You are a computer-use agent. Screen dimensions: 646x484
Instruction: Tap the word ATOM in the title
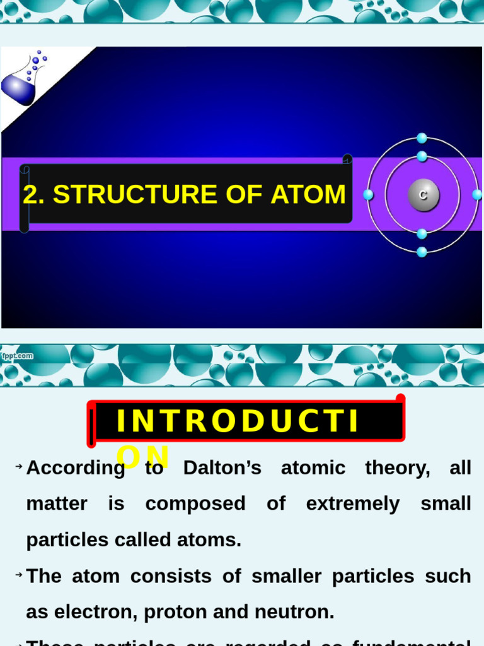click(x=308, y=194)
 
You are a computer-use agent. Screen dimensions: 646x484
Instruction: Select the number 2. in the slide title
click(x=34, y=194)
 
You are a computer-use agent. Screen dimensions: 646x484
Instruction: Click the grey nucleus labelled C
click(x=423, y=195)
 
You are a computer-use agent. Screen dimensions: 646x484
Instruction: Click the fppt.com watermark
click(x=17, y=356)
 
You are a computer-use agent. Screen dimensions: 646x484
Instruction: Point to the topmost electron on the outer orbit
click(x=422, y=138)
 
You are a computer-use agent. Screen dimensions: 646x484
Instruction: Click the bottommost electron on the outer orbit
click(x=422, y=252)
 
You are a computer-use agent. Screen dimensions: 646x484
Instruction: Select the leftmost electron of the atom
click(x=368, y=195)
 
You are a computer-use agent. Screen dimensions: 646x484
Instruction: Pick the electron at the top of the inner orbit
click(x=422, y=156)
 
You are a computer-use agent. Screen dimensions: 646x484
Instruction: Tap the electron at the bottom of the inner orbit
click(x=422, y=234)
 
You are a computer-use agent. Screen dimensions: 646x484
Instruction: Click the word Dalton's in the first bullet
click(x=222, y=468)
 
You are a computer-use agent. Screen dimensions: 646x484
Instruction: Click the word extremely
click(x=353, y=504)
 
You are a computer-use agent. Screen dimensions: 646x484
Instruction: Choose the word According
click(x=76, y=468)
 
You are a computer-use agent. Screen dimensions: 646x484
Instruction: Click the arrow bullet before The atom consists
click(x=19, y=575)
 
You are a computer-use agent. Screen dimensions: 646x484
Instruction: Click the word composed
click(x=187, y=504)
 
